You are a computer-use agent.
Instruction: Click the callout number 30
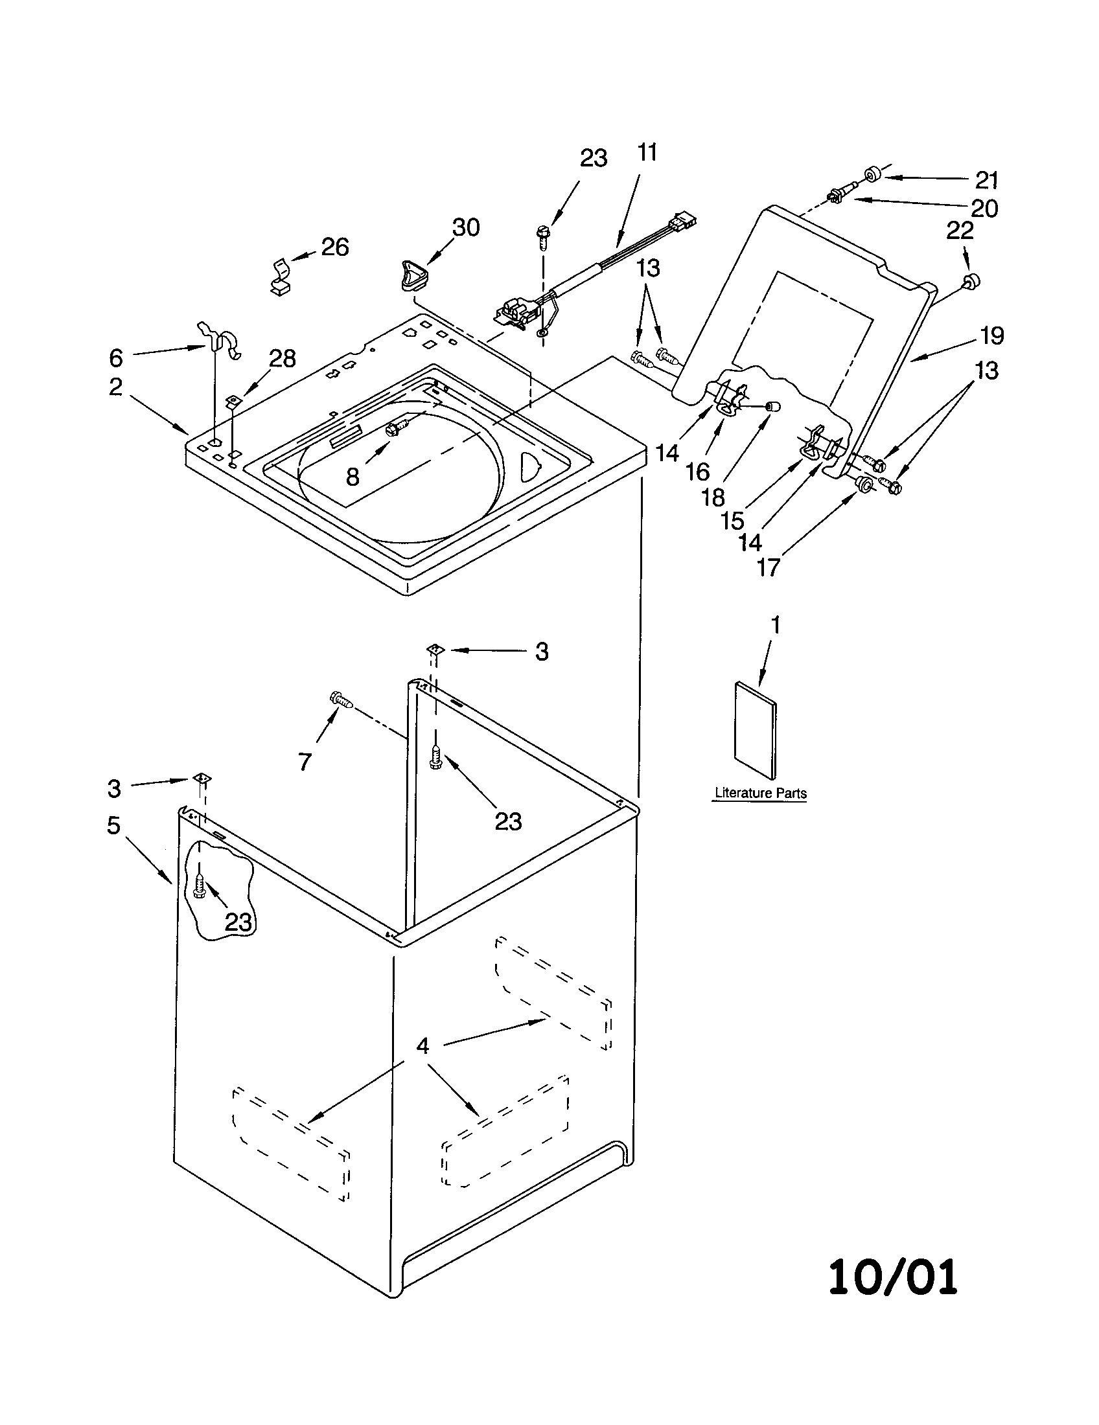466,228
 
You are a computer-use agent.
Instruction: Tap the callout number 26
335,247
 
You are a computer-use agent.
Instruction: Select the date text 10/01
893,1277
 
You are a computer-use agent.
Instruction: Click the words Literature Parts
760,793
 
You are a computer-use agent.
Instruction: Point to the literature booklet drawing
756,731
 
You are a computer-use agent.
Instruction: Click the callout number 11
647,152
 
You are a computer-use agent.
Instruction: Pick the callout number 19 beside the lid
991,336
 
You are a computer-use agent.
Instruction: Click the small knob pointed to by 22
972,281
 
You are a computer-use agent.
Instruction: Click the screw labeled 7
343,701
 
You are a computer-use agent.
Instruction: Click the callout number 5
114,825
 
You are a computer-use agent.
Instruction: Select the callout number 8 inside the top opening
353,477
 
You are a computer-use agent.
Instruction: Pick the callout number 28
283,358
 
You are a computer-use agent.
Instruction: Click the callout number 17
768,567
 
